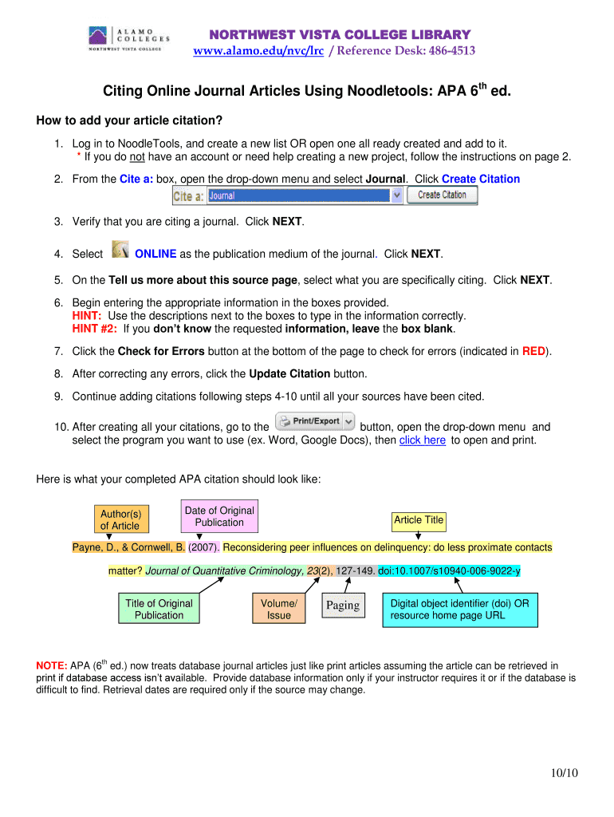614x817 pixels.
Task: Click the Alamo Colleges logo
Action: pos(128,38)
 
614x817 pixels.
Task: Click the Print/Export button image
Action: pos(315,421)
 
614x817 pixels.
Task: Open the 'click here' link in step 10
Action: pos(422,440)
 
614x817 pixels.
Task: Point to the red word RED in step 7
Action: pos(533,351)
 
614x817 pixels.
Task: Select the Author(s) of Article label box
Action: pos(120,519)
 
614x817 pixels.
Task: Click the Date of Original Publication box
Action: pos(218,516)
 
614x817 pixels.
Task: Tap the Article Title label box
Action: pos(419,520)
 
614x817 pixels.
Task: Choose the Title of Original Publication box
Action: pos(159,610)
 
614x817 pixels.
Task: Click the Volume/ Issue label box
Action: pos(279,610)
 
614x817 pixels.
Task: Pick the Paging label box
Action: pos(343,606)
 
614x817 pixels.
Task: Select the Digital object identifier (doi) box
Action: pos(459,610)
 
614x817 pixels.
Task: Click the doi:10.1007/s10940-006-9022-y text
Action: pos(449,571)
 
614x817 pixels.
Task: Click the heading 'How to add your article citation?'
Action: pos(129,121)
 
